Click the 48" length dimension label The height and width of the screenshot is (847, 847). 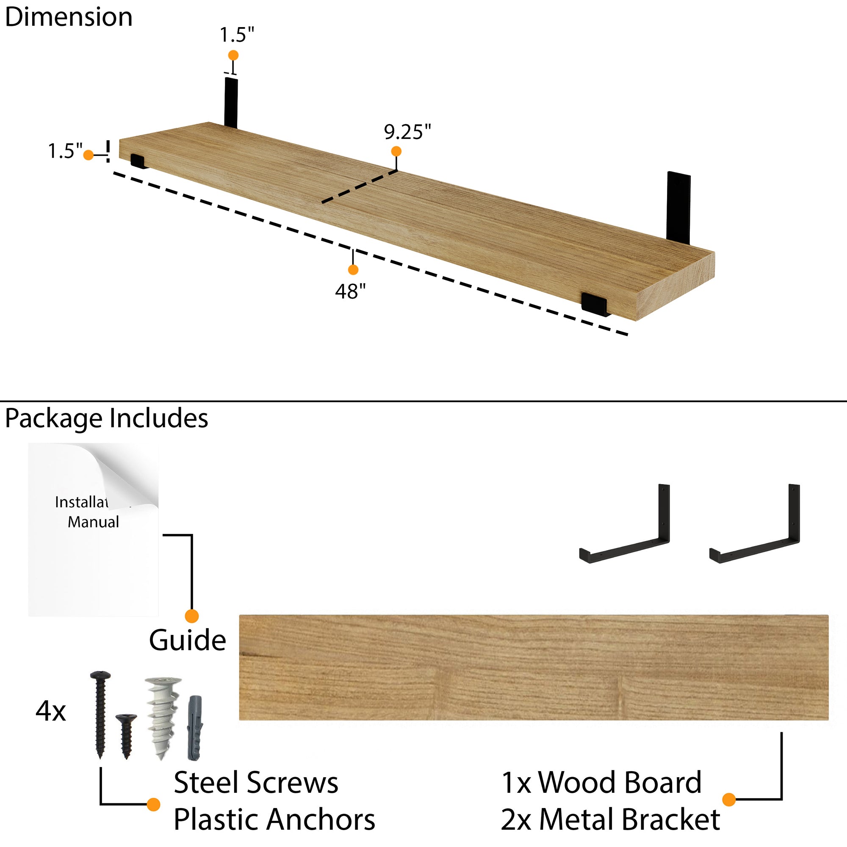coord(350,291)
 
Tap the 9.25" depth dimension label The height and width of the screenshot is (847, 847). coord(407,132)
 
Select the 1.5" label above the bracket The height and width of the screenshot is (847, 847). coord(237,35)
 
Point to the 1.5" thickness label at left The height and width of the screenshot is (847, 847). coord(65,151)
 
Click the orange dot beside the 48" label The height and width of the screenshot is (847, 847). coord(353,270)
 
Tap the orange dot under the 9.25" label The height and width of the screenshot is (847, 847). coord(396,151)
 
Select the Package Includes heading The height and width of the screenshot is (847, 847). coord(107,418)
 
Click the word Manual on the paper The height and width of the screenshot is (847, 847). coord(93,522)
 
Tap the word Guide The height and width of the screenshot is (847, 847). coord(187,640)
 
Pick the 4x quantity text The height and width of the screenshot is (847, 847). coord(50,711)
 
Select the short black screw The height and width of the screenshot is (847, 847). coord(126,735)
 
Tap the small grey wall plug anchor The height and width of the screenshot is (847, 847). coord(195,728)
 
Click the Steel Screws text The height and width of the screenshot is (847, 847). coord(256,783)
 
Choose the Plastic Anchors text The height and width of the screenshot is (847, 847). coord(274,819)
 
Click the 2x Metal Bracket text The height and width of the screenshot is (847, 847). coord(610,819)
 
